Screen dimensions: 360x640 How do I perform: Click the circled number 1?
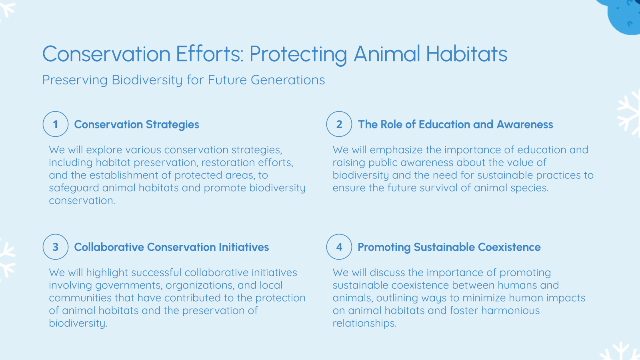pyautogui.click(x=56, y=124)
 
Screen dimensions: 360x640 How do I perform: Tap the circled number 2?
pyautogui.click(x=339, y=124)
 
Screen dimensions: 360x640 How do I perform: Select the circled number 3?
pyautogui.click(x=56, y=247)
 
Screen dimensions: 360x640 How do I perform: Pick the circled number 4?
pyautogui.click(x=339, y=247)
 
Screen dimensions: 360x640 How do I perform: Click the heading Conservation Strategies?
pyautogui.click(x=136, y=125)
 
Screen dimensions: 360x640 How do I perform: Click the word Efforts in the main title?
pyautogui.click(x=209, y=54)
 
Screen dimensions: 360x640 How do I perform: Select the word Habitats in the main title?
pyautogui.click(x=466, y=54)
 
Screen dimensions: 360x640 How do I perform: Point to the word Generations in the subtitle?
pyautogui.click(x=288, y=80)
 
